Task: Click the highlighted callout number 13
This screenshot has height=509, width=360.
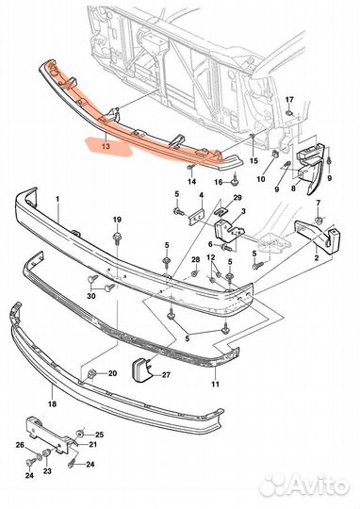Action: point(106,146)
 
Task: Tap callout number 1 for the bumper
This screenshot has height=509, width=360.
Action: point(57,199)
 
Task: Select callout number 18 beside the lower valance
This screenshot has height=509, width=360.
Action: point(52,404)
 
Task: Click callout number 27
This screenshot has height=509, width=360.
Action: point(166,375)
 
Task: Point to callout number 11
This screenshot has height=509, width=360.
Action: point(215,384)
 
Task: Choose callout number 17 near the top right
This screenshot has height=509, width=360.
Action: point(289,100)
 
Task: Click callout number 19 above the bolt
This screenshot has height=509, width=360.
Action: point(117,220)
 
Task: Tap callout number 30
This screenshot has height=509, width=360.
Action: point(91,296)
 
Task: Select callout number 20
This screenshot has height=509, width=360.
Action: point(112,373)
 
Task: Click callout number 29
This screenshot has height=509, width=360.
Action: point(237,198)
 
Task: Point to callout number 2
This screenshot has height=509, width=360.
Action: point(317,258)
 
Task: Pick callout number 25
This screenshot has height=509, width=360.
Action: point(99,435)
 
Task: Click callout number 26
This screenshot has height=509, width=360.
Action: point(20,444)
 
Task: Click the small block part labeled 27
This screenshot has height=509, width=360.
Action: point(141,369)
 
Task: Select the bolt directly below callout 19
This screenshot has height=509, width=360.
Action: point(117,238)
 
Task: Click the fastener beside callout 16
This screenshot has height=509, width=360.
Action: point(234,183)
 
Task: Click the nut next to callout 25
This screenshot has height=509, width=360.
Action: point(80,435)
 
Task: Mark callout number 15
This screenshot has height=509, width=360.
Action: point(254,160)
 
